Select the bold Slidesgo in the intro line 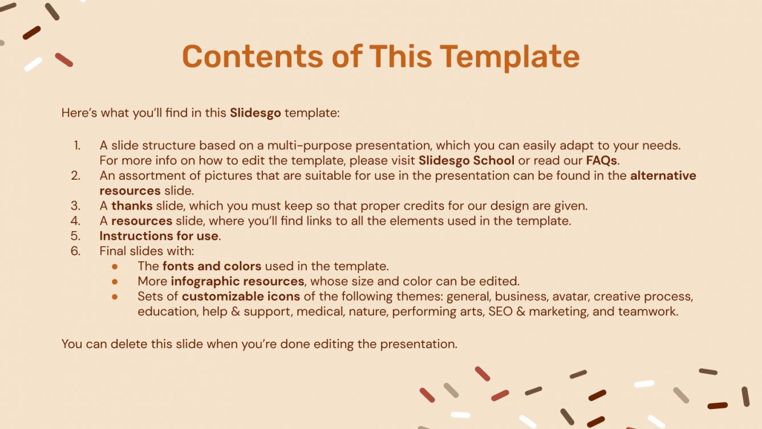coord(255,113)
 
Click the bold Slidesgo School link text coord(466,160)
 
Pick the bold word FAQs coord(601,160)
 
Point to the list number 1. coord(77,145)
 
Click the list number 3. coord(76,205)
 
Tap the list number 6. coord(76,250)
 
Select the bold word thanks coord(132,205)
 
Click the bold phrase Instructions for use coord(159,236)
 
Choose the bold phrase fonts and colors coord(212,266)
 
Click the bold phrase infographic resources coord(237,281)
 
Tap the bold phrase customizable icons coord(241,297)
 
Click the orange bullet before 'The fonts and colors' coord(115,266)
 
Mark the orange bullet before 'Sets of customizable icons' coord(115,297)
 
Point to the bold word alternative coord(663,176)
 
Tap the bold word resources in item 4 coord(141,221)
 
